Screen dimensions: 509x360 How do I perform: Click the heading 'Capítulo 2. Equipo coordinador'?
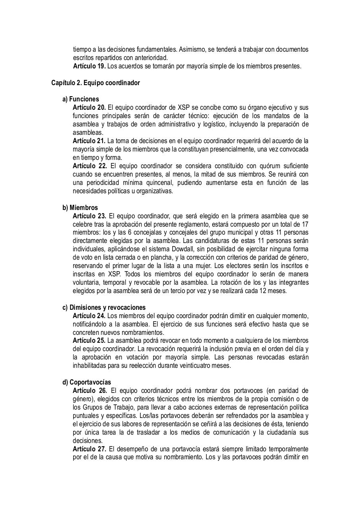click(95, 83)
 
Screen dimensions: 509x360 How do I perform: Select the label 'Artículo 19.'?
click(90, 66)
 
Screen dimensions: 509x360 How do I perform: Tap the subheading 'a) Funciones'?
click(81, 99)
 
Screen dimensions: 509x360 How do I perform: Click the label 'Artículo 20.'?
click(90, 107)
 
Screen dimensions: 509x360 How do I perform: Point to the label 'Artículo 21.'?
click(89, 141)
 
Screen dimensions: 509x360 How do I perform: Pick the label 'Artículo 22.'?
click(90, 166)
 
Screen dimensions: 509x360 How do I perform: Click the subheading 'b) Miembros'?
click(80, 208)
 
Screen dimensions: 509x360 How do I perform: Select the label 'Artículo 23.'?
click(90, 216)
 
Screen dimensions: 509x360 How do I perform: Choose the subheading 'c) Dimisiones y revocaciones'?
click(104, 307)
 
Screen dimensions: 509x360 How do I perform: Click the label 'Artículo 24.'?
click(89, 316)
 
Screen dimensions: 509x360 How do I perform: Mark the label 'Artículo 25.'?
click(89, 341)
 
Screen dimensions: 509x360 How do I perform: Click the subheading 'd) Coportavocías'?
click(87, 382)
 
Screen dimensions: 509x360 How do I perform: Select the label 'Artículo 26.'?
click(90, 390)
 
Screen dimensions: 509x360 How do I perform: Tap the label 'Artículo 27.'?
click(90, 449)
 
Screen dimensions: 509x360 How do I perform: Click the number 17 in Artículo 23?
click(305, 224)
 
